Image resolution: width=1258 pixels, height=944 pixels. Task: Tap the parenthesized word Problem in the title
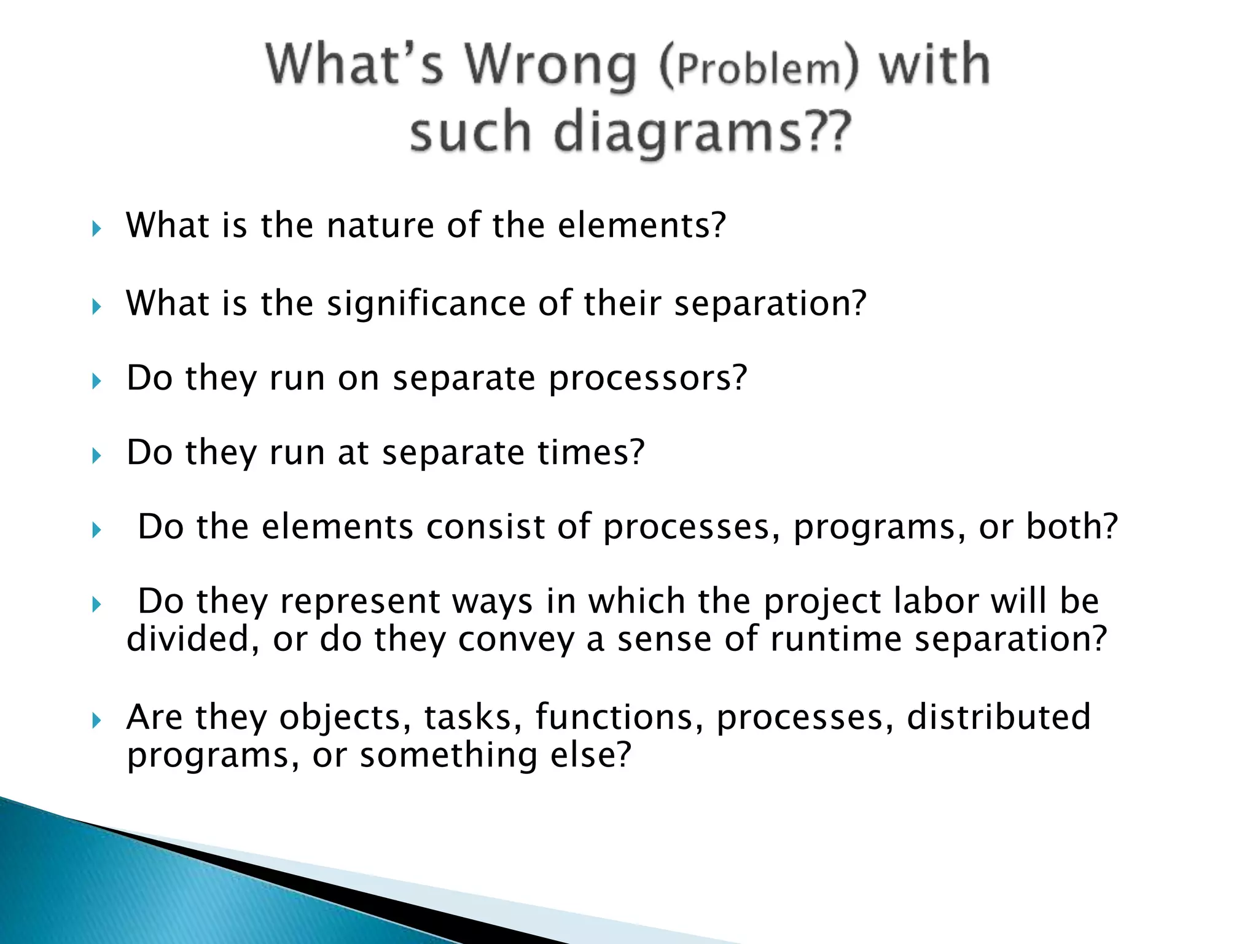click(757, 69)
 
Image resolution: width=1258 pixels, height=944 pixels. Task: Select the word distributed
click(999, 717)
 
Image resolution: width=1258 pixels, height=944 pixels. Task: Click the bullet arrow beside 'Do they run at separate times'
click(96, 456)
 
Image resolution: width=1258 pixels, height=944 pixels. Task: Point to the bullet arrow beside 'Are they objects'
click(96, 721)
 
